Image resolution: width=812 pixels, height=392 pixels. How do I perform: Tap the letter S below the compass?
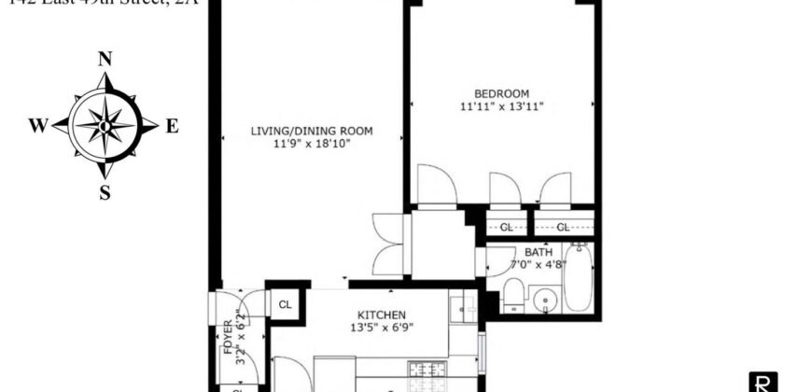tap(105, 193)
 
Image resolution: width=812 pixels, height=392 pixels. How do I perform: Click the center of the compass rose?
tap(105, 125)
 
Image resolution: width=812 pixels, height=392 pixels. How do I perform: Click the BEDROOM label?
tap(501, 93)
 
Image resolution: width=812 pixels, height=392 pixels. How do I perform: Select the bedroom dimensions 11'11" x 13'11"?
tap(501, 106)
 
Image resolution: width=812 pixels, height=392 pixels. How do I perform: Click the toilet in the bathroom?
tap(512, 296)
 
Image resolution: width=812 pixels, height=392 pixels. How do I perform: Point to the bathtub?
tap(579, 278)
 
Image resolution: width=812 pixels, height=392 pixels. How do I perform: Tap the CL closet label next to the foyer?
tap(285, 304)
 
